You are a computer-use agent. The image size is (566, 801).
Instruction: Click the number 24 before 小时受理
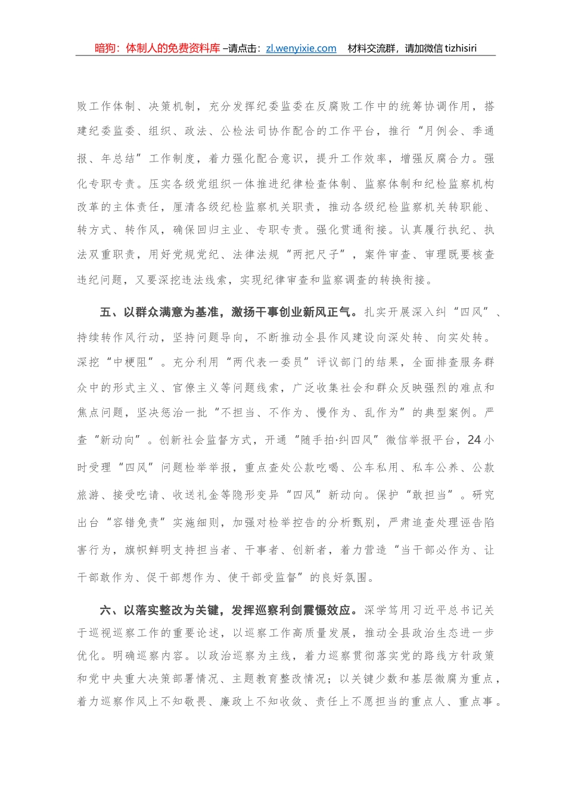click(474, 440)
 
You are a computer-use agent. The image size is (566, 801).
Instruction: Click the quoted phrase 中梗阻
click(130, 362)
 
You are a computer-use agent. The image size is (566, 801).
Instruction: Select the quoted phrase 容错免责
click(136, 523)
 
